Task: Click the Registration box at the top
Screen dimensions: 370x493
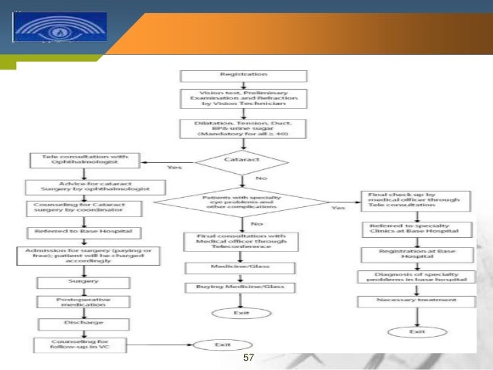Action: pos(243,76)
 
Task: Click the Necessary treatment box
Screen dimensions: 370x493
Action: pos(418,299)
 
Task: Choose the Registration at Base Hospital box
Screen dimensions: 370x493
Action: pos(418,253)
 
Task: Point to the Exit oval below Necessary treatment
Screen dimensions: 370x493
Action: pos(418,332)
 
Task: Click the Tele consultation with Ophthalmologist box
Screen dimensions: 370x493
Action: pos(85,161)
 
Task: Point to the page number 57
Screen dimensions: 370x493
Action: pos(248,358)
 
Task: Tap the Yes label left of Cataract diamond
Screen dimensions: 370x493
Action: pos(175,167)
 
